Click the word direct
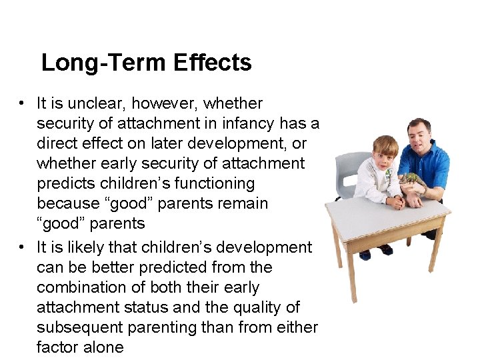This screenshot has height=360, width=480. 57,143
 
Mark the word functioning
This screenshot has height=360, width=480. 213,183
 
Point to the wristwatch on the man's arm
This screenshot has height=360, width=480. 423,191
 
